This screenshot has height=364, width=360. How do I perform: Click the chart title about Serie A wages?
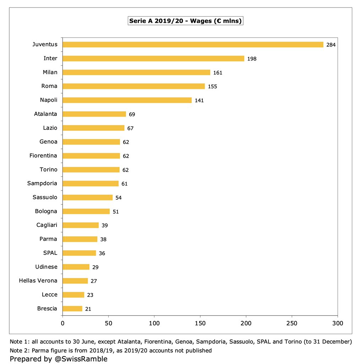tap(185, 21)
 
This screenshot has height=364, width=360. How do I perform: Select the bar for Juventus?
tap(193, 44)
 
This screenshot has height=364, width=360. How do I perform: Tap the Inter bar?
tap(153, 58)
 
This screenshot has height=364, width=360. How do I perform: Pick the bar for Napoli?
tap(127, 100)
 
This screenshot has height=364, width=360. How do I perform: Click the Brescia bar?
tap(72, 309)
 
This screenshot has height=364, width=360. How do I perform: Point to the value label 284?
tap(331, 45)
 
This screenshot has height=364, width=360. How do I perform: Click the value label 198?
tap(252, 59)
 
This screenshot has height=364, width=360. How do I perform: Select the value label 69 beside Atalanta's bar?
tap(132, 114)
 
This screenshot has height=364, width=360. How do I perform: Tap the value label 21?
tap(88, 309)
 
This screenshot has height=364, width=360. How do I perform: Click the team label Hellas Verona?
tap(38, 280)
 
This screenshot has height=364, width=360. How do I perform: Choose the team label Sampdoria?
tap(42, 183)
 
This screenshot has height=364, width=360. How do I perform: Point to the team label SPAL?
tap(50, 253)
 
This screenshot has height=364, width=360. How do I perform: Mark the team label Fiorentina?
tap(43, 155)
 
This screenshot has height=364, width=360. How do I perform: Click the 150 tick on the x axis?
tap(200, 323)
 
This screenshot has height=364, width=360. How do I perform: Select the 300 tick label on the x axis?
tap(338, 323)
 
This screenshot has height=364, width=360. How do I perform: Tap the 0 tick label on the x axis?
tap(62, 323)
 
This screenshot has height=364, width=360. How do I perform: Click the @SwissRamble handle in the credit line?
tap(81, 359)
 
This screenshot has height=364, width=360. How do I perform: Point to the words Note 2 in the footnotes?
tap(19, 350)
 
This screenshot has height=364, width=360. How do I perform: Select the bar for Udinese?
tap(76, 267)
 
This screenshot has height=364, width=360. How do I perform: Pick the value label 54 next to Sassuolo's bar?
tap(119, 198)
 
